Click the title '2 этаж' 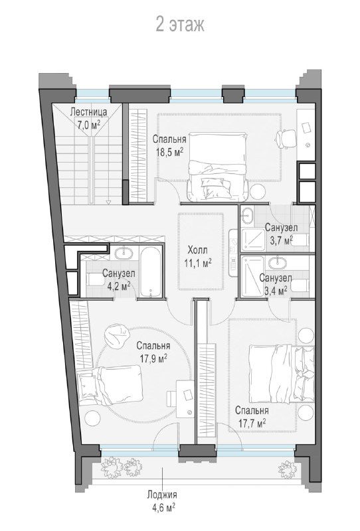179,25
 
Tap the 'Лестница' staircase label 88,112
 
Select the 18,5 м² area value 169,152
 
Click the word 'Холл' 198,251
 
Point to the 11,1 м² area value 198,263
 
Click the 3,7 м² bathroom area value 281,240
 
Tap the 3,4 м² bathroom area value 276,291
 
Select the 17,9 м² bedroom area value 153,358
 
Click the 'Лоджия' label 162,494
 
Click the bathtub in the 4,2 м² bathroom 151,272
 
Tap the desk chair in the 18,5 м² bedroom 284,139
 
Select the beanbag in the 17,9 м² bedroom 117,335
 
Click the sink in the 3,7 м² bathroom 248,215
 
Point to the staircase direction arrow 108,202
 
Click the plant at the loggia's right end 288,469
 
